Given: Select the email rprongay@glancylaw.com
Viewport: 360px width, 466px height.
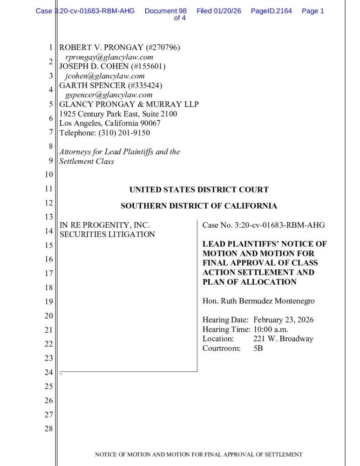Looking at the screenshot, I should [x=109, y=57].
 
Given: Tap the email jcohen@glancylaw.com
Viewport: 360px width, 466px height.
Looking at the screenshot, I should [x=105, y=76].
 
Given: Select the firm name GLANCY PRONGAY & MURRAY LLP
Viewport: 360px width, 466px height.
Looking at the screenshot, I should [x=129, y=104].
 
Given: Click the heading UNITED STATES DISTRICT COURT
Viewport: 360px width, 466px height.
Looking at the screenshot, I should [x=199, y=190].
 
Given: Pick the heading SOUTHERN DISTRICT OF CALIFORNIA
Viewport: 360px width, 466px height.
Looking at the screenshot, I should [x=199, y=206].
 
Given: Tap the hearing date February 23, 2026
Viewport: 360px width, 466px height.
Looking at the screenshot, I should [x=283, y=320].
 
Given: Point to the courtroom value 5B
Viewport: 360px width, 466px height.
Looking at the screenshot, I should [x=258, y=348].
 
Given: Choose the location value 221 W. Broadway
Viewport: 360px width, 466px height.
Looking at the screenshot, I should [x=283, y=339].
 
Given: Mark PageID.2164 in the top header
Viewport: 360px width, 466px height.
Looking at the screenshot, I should [x=271, y=11].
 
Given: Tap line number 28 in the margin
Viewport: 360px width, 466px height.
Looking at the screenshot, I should [x=48, y=429].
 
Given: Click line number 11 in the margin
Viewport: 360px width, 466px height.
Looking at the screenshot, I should [x=48, y=189].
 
